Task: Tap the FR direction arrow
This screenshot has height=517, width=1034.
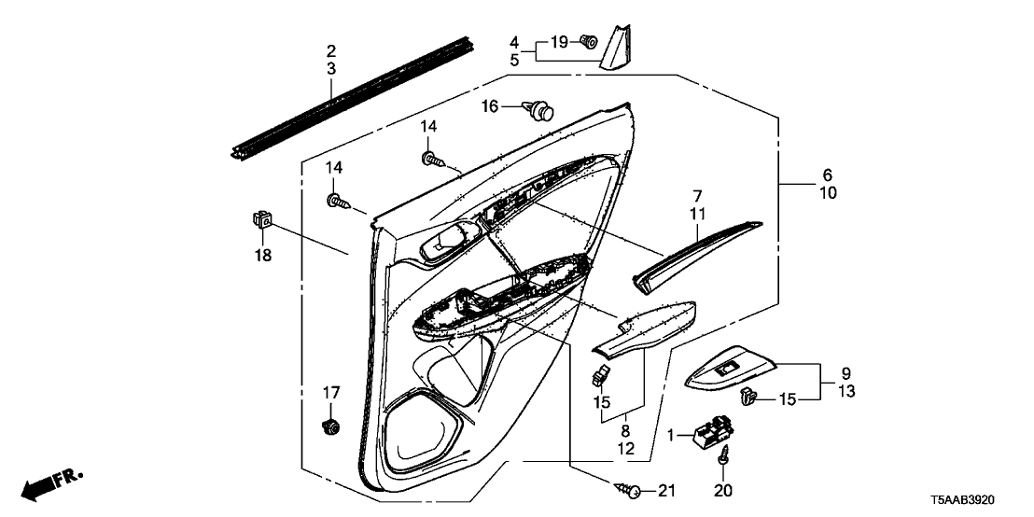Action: click(52, 484)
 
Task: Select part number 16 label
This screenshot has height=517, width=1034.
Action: click(490, 107)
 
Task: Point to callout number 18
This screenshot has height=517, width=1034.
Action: click(263, 255)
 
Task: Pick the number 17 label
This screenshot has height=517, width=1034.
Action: click(328, 393)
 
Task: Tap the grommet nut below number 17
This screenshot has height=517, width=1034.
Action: click(328, 427)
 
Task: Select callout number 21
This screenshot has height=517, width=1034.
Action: click(664, 491)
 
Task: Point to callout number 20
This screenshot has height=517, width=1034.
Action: click(723, 490)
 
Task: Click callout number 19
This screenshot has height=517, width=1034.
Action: click(558, 41)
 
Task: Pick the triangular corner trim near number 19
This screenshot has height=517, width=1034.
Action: click(617, 49)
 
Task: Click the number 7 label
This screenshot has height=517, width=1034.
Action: click(696, 196)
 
